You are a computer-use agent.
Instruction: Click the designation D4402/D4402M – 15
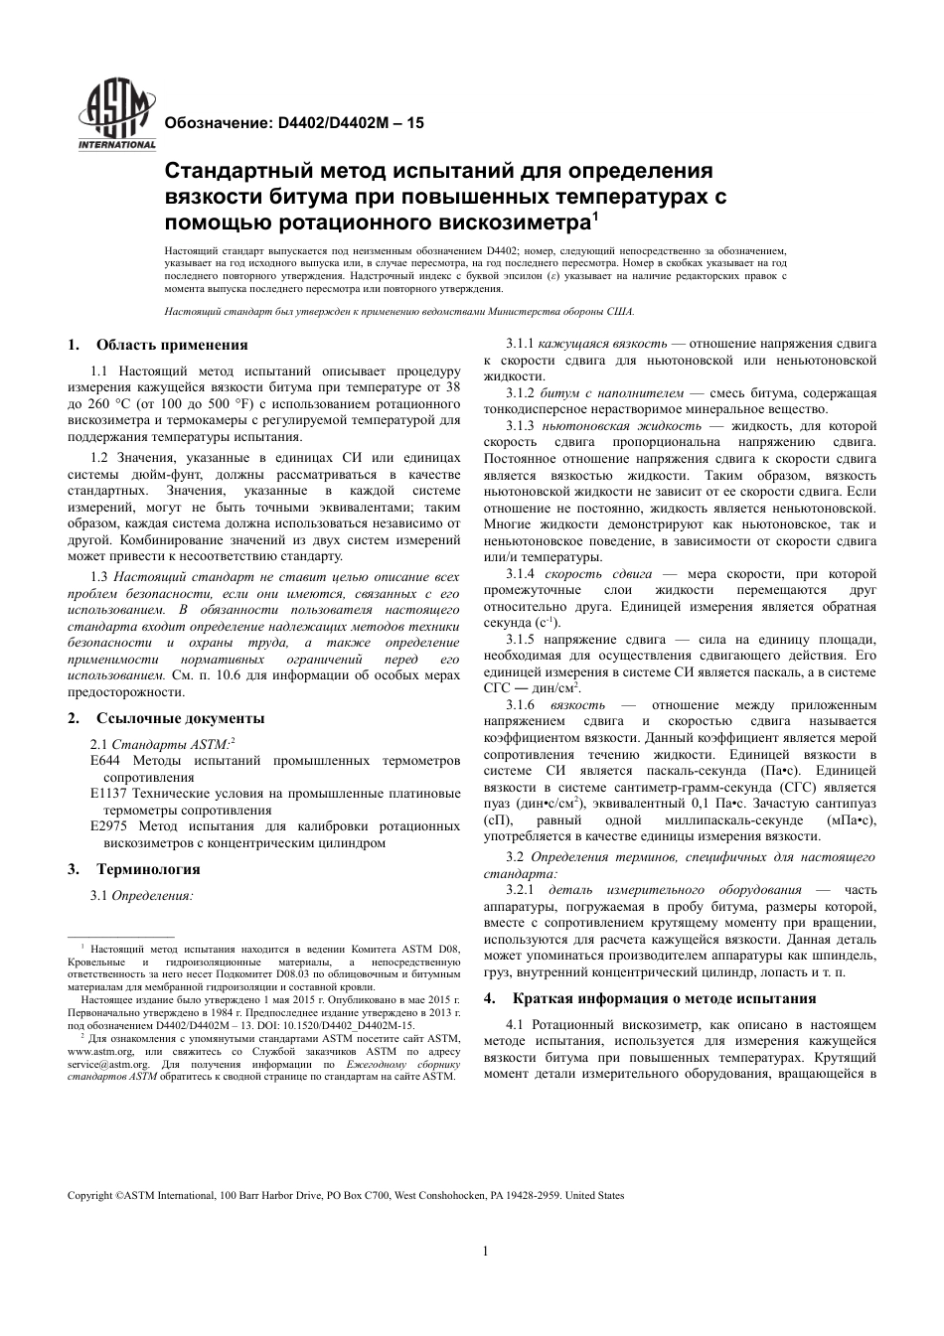coord(347,123)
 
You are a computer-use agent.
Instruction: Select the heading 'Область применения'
coord(171,345)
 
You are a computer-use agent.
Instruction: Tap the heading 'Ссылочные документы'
coord(180,718)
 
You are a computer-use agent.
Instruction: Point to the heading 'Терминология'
coord(147,869)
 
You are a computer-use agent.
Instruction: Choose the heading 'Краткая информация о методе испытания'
coord(664,998)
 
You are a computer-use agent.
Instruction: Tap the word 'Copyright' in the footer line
coord(89,1195)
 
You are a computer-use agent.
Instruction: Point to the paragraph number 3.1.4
coord(520,573)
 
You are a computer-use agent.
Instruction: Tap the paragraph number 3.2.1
coord(520,890)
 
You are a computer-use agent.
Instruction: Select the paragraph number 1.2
coord(98,457)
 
